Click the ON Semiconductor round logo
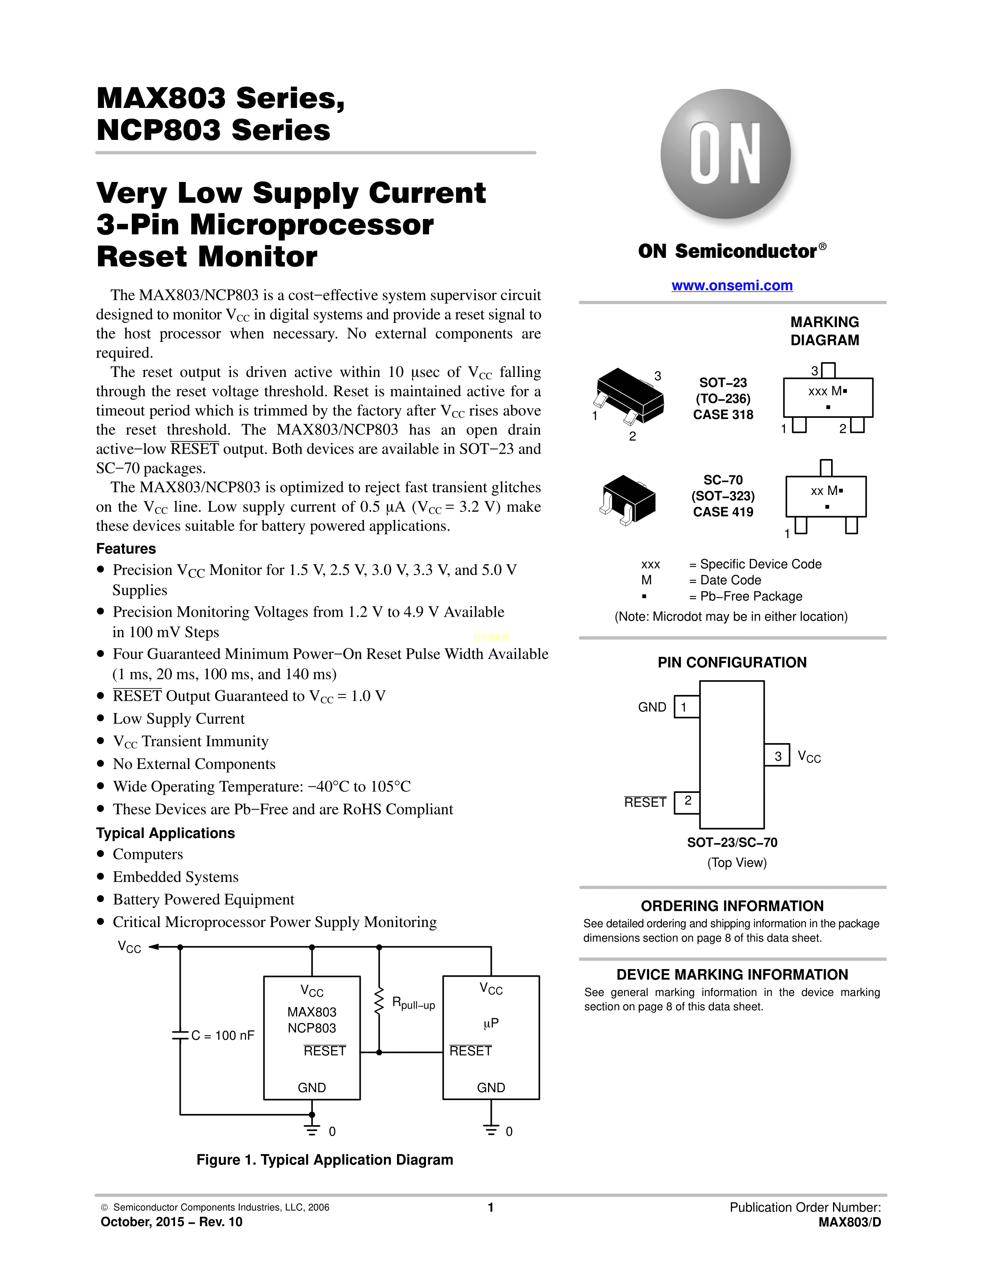click(725, 154)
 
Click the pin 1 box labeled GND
click(686, 707)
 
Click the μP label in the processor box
click(491, 1023)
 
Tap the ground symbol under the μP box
click(491, 1130)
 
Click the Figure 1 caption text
click(324, 1159)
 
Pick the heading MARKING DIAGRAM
click(825, 331)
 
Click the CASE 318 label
click(723, 415)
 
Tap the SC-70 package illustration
click(627, 498)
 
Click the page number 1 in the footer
click(491, 1207)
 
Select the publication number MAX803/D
click(849, 1222)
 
